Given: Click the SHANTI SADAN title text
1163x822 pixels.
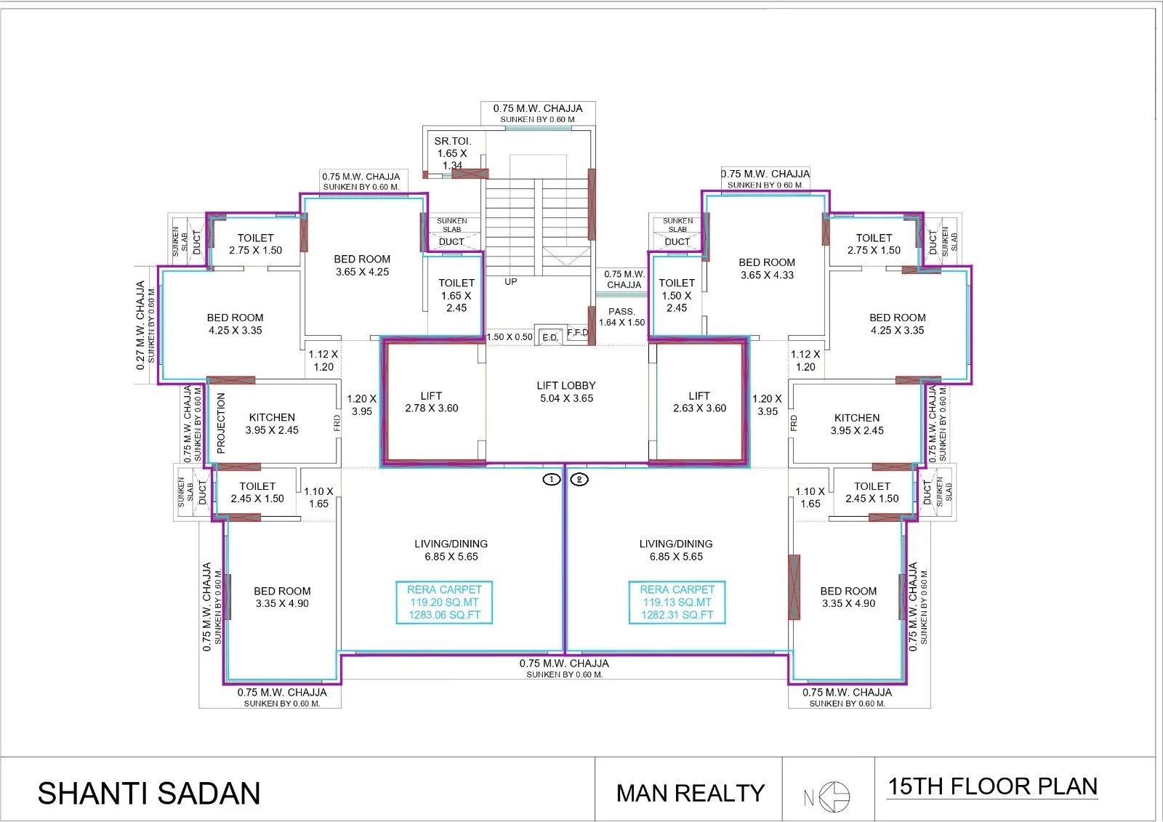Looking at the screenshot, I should [149, 793].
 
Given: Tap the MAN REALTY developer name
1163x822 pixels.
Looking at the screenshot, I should [690, 793].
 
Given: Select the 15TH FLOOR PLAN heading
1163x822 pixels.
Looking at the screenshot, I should [992, 786].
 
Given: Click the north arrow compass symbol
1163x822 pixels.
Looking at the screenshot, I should [833, 797].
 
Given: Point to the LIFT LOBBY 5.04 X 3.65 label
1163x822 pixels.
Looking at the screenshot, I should [566, 392].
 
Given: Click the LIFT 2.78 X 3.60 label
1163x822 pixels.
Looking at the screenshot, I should [431, 402].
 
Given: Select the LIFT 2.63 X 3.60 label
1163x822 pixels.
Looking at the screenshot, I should [699, 402].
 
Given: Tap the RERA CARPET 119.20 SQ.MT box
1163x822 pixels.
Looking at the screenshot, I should [444, 602].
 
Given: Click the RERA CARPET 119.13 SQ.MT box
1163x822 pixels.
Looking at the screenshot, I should [677, 602].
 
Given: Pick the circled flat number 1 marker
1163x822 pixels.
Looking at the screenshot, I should [552, 479].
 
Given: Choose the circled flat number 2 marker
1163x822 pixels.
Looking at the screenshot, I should [579, 479].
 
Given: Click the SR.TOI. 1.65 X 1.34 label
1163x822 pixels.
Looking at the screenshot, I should [452, 153].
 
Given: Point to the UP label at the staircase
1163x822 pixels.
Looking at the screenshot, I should [511, 281].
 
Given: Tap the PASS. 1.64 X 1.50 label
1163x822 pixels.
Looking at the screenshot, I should [621, 317].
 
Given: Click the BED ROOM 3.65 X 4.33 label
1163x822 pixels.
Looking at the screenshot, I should [767, 268].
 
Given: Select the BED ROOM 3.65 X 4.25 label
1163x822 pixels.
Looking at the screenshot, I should [362, 265].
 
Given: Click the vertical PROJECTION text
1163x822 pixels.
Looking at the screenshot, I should [221, 423].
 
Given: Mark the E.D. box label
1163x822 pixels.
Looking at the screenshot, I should [550, 337].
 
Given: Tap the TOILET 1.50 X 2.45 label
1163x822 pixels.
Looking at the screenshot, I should [677, 295].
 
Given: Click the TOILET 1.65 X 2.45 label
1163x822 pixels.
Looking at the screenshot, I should [456, 295].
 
